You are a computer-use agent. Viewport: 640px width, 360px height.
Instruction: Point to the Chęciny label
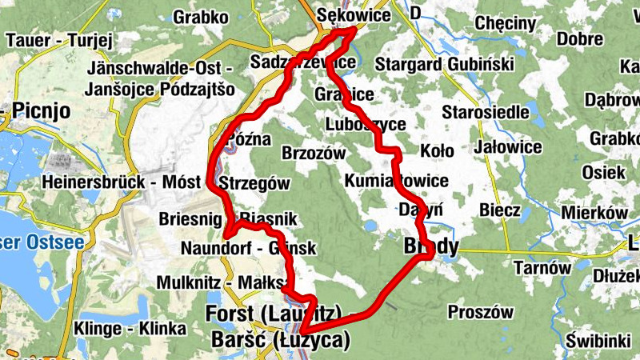[x=505, y=23]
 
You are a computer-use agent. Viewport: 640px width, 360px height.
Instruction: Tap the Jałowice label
[x=507, y=147]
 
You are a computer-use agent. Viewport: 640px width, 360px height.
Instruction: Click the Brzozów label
[x=314, y=153]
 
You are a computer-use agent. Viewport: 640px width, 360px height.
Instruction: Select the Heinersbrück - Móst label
[x=122, y=182]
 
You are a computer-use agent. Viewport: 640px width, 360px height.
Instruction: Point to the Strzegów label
[x=254, y=183]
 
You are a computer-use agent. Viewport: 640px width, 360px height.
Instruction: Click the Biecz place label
[x=500, y=210]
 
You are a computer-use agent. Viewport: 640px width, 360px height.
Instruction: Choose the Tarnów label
[x=542, y=267]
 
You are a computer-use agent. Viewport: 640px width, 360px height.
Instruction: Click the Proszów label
[x=481, y=312]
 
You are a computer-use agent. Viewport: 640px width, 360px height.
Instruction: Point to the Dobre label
[x=580, y=39]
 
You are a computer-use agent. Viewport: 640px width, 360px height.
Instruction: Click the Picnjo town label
[x=42, y=110]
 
